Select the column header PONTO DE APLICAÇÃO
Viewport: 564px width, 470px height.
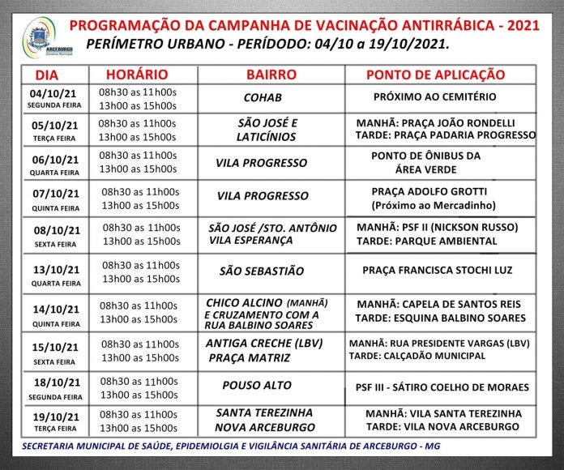(x=435, y=75)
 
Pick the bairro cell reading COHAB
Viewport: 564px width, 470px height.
(x=263, y=97)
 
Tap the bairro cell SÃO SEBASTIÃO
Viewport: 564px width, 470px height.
(x=262, y=271)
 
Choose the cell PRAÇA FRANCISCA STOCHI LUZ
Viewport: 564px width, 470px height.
(x=437, y=270)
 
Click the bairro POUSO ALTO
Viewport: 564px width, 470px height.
(x=257, y=385)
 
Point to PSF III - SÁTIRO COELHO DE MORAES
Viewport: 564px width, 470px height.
(x=442, y=387)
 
